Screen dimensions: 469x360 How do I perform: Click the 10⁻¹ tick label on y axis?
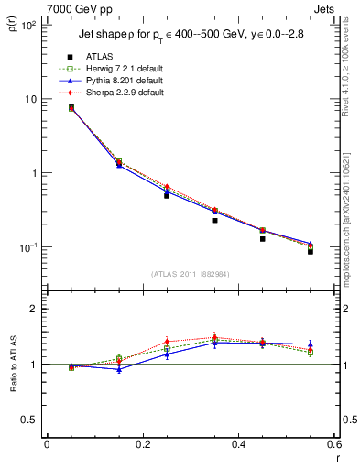[27, 247]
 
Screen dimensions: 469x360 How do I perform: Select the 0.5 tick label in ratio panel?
[28, 420]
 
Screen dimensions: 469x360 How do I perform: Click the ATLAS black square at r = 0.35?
[214, 220]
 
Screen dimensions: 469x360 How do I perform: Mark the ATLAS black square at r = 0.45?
[262, 238]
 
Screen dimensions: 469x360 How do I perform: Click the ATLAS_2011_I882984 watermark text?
[190, 274]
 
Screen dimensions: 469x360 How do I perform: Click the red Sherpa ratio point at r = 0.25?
[167, 342]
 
